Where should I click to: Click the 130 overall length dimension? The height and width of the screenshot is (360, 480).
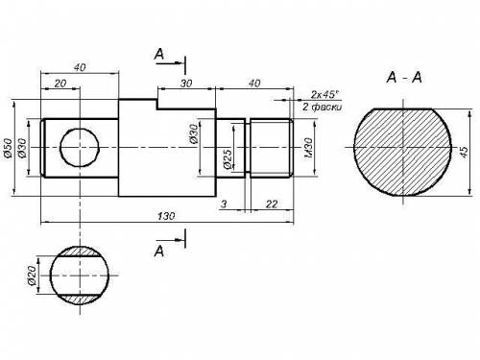click(x=166, y=216)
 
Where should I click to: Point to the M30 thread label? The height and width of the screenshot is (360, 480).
click(x=308, y=148)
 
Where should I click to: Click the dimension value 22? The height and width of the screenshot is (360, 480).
click(x=272, y=204)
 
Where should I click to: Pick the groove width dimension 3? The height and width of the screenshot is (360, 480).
click(x=224, y=204)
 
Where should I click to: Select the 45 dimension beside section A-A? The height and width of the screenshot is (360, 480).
click(x=464, y=152)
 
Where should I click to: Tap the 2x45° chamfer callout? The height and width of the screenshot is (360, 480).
click(x=324, y=94)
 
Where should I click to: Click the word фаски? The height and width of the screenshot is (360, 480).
click(x=326, y=107)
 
